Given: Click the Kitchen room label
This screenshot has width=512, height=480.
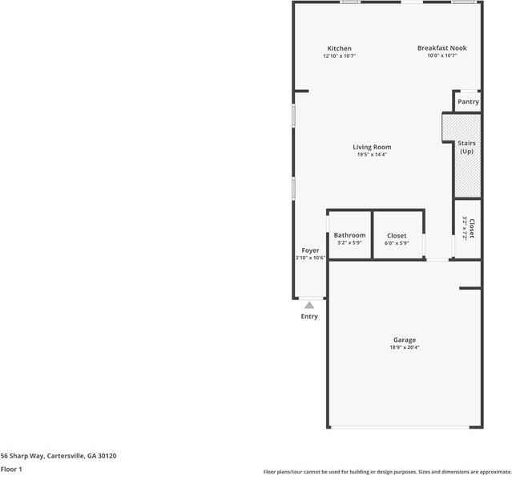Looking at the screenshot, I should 339,49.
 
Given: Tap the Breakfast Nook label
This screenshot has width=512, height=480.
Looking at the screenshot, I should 441,48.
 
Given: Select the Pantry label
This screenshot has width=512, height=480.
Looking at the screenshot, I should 468,102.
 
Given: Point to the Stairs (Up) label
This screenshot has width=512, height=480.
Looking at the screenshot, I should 466,147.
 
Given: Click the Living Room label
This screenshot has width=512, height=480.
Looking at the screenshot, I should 372,147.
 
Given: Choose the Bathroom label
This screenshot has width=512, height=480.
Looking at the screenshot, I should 349,235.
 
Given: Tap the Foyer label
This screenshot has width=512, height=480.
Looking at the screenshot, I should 310,250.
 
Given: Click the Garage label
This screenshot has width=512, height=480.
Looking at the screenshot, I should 404,340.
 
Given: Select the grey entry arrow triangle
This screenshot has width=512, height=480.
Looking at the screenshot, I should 309,305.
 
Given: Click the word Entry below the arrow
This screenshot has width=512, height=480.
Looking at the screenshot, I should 309,316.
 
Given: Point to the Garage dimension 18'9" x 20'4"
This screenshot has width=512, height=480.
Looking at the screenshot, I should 404,348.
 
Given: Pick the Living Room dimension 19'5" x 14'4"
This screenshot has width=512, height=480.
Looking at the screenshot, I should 372,155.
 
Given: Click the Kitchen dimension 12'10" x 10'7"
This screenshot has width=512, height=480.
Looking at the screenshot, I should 339,56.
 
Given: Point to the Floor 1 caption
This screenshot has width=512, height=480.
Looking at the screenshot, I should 11,469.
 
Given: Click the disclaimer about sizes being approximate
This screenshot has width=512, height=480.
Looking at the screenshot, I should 387,472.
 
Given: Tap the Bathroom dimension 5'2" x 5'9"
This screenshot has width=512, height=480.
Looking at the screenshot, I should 349,243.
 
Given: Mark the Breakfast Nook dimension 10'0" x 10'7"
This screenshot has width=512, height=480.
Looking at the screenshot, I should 441,56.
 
